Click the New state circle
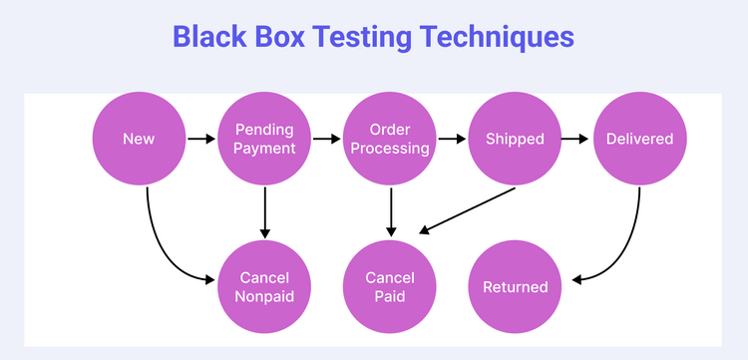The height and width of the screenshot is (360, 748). click(139, 140)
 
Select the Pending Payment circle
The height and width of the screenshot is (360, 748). click(265, 140)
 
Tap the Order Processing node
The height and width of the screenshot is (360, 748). click(390, 140)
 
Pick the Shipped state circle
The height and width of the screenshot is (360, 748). click(515, 140)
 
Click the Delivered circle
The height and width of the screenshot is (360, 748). click(639, 140)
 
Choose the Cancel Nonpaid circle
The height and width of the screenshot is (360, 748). click(265, 286)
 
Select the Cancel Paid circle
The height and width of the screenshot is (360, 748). click(390, 286)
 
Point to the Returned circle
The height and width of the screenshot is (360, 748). click(515, 286)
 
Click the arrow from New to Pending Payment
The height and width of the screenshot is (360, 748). click(201, 140)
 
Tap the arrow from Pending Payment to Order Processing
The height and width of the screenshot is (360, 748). click(327, 140)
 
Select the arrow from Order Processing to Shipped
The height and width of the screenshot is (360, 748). click(452, 140)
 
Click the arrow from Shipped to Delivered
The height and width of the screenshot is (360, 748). click(576, 140)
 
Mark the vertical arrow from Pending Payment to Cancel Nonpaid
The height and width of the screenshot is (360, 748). click(265, 211)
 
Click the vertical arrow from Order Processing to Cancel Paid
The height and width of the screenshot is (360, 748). click(390, 211)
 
